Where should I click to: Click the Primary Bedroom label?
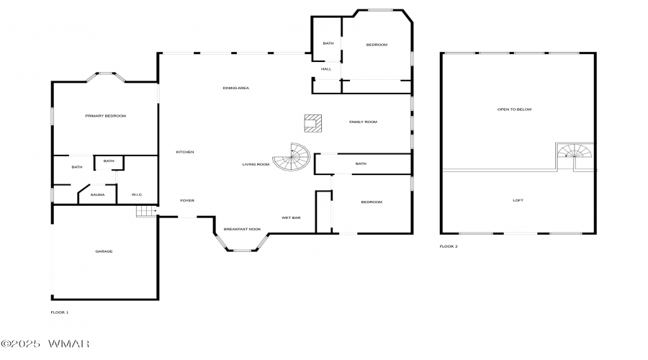click(105, 116)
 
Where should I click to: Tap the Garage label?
click(104, 251)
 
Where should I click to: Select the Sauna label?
click(97, 194)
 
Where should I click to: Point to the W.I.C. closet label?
click(138, 194)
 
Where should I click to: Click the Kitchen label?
click(185, 152)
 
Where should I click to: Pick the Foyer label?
click(187, 200)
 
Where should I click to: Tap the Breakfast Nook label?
click(242, 229)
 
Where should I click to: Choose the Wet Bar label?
click(291, 218)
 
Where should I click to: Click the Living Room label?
click(256, 164)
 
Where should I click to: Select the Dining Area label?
click(236, 88)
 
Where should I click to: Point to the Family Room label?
click(364, 122)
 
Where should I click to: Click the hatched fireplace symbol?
click(313, 123)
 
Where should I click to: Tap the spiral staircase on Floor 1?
click(292, 157)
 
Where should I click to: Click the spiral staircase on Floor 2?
click(575, 151)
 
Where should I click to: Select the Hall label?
click(326, 69)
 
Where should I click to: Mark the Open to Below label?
click(515, 109)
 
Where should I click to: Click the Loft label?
click(518, 200)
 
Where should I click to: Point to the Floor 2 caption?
click(449, 246)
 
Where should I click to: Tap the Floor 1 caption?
click(60, 312)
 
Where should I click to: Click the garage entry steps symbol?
click(146, 211)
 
